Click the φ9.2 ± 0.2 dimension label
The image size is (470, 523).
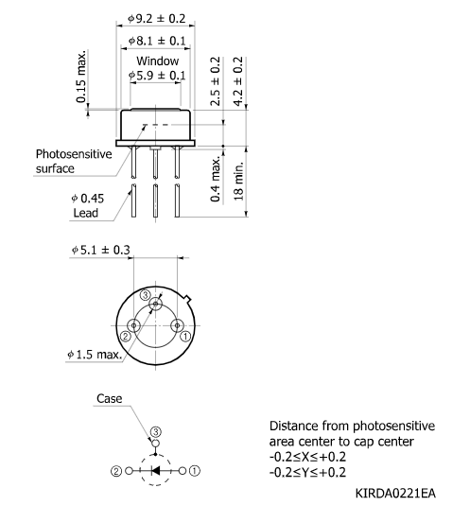tap(158, 19)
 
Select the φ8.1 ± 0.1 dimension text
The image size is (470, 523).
tap(158, 42)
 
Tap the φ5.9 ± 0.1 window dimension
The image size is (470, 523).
tap(158, 75)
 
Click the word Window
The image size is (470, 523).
tap(158, 60)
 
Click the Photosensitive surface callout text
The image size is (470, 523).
tap(73, 161)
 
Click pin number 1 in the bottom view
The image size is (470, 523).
tap(186, 335)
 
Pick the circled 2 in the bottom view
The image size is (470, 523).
tap(125, 335)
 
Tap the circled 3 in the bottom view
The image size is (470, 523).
tap(145, 295)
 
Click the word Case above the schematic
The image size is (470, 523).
tap(110, 399)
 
